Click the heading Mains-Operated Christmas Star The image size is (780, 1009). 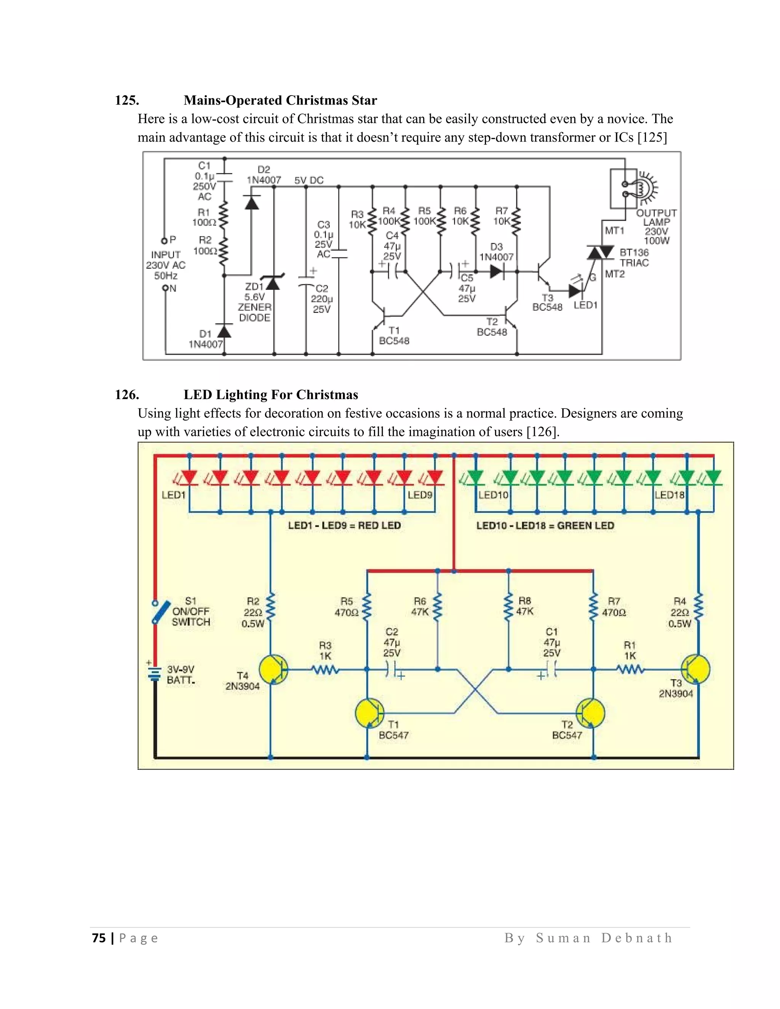(x=280, y=100)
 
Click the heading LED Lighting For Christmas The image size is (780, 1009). (x=270, y=394)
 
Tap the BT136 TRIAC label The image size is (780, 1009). (x=634, y=258)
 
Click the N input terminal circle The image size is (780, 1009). (x=165, y=288)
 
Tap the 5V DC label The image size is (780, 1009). (x=308, y=180)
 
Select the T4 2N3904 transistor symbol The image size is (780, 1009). (x=273, y=669)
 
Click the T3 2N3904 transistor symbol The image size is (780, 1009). (x=695, y=669)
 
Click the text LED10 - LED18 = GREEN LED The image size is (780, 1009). (x=545, y=525)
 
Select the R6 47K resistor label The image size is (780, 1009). (x=420, y=606)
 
